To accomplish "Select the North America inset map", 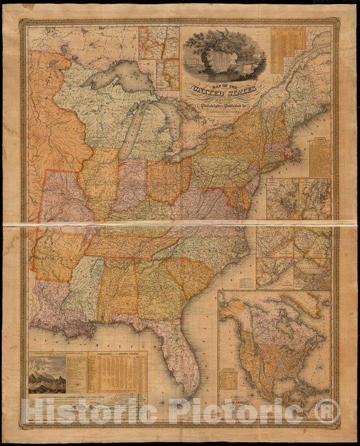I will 274,345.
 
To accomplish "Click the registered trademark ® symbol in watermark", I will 327,410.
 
